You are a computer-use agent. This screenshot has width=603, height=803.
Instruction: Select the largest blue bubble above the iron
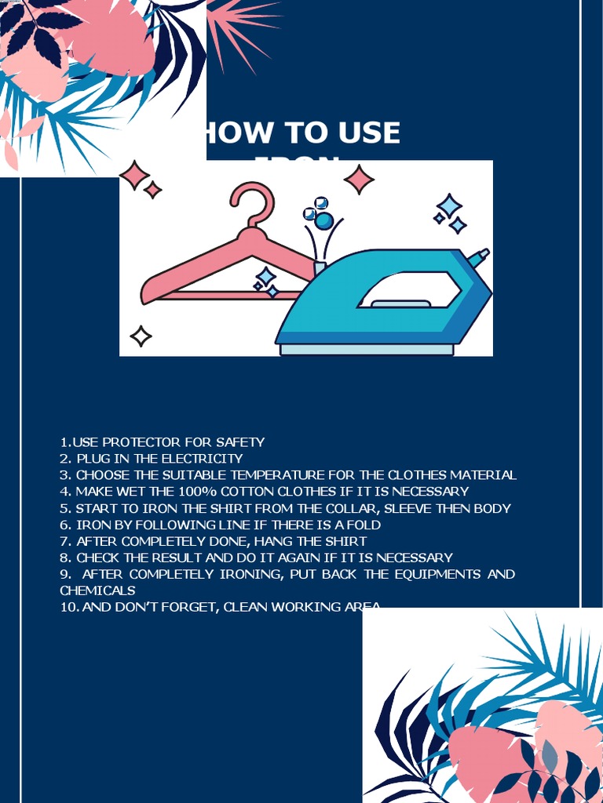(323, 220)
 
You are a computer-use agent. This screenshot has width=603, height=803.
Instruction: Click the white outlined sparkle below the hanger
(141, 336)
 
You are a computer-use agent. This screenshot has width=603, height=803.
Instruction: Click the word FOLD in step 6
(364, 525)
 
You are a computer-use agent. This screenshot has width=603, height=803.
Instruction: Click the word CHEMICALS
(97, 590)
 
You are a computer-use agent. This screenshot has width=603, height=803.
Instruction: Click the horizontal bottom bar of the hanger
(228, 296)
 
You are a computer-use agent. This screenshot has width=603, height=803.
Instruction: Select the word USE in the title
(369, 133)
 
